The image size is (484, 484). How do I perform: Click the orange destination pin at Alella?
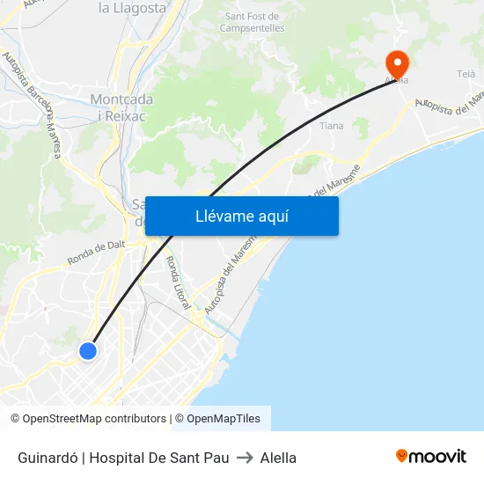(397, 62)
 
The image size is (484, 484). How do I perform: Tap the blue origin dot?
(88, 351)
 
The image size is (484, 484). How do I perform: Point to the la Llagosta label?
(132, 8)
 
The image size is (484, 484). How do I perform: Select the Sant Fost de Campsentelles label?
(253, 22)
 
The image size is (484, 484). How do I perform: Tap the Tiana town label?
(332, 126)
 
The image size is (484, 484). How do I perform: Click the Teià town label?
(466, 74)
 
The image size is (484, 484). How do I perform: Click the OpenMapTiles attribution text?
(223, 419)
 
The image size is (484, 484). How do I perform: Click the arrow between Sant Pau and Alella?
(245, 458)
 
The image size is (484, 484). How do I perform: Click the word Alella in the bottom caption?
(278, 458)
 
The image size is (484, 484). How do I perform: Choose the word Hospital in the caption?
(118, 458)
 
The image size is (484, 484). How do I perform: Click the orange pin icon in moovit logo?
(402, 457)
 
